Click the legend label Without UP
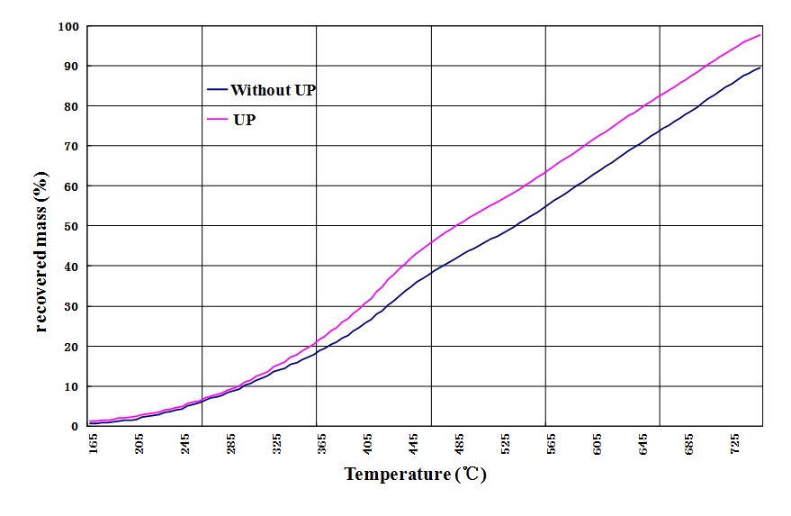(x=273, y=90)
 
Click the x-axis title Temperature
(x=415, y=475)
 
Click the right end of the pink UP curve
(x=761, y=35)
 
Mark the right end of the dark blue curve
(x=761, y=68)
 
